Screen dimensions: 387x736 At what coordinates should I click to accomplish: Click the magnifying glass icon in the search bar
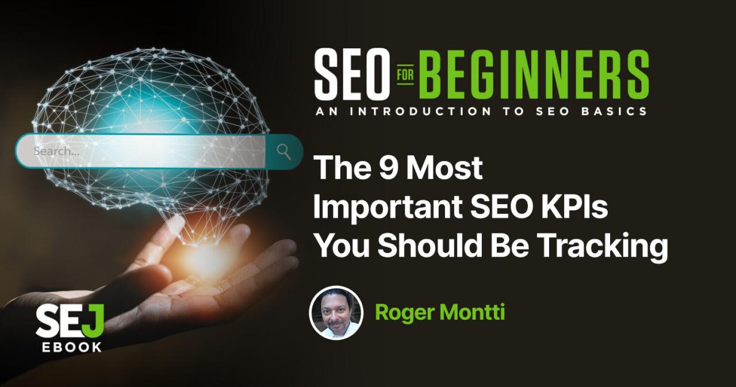coord(283,151)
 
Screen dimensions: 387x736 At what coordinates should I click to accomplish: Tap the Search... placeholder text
coord(56,152)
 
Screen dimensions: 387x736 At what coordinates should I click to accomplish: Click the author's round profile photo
coord(336,313)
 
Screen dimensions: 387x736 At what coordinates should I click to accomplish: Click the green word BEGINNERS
coord(533,74)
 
